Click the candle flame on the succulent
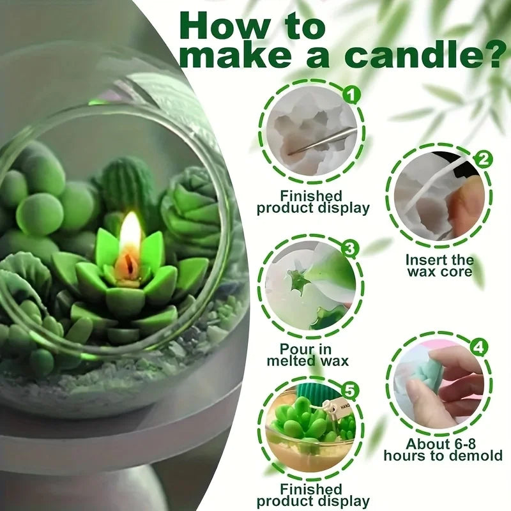tap(130, 237)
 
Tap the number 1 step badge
tap(349, 96)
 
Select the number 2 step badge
tap(484, 159)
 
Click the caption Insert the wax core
tap(439, 266)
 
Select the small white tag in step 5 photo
tap(330, 408)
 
